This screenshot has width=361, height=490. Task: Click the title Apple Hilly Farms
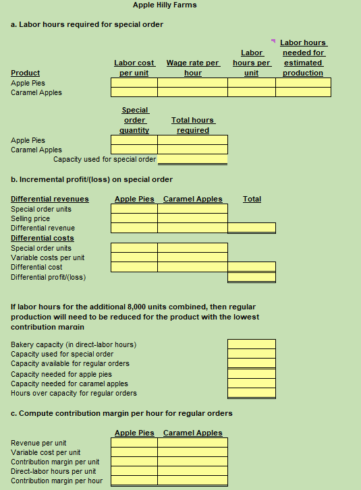165,5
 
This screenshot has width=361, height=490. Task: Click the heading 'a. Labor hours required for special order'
87,24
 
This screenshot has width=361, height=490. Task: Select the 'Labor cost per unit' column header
134,67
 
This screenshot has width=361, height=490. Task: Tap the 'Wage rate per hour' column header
193,67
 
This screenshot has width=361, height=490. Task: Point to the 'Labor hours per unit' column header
252,63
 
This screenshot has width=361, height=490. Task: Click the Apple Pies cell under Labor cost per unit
134,83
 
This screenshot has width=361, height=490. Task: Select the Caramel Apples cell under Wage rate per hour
193,92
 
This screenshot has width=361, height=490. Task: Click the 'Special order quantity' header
134,119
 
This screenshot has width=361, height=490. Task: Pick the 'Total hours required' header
193,125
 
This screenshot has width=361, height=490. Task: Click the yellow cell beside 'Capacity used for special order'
193,160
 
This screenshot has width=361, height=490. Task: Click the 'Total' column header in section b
252,199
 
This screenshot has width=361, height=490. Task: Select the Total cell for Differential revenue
252,228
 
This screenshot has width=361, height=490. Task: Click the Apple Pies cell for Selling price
134,218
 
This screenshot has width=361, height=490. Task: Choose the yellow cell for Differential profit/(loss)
252,277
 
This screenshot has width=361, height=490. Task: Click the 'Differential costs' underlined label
43,238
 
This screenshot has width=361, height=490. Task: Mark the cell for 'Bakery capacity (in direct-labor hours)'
252,344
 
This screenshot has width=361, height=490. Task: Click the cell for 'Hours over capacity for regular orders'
252,393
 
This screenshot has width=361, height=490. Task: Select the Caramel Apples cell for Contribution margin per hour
193,481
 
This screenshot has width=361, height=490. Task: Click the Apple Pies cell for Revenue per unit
134,443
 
